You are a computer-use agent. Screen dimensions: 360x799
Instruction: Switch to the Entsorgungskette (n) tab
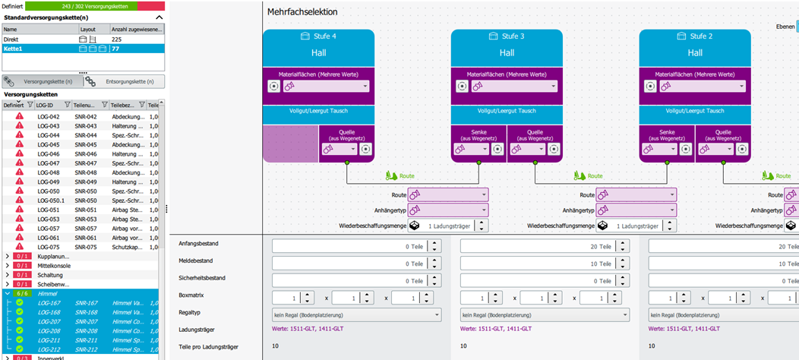point(121,81)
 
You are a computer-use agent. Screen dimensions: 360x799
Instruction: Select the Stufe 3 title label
point(507,36)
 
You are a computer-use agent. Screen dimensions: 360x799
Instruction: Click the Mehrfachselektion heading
point(302,12)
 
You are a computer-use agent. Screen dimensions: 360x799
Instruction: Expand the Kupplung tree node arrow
point(8,256)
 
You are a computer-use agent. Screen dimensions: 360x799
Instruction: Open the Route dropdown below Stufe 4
point(448,195)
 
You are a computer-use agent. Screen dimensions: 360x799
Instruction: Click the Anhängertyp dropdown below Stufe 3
point(636,210)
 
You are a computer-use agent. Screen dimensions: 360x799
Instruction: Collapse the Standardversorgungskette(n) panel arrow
point(159,17)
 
